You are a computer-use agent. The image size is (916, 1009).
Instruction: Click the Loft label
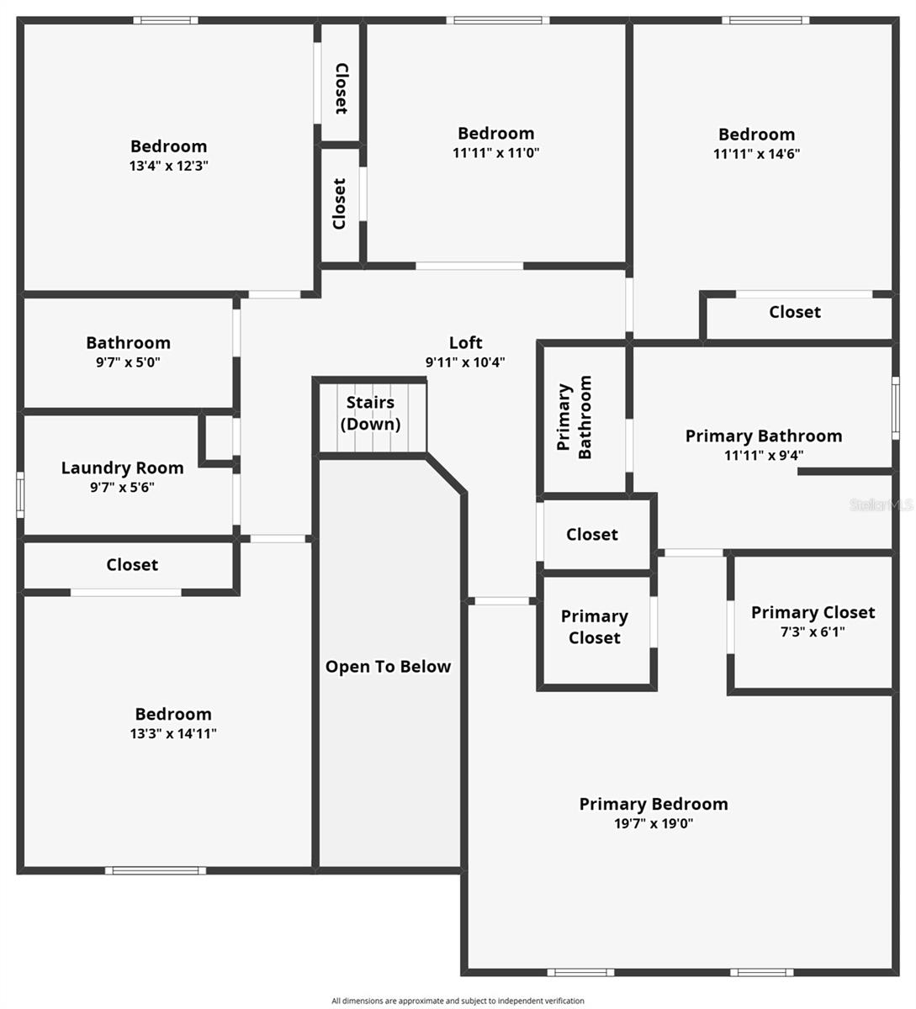point(465,342)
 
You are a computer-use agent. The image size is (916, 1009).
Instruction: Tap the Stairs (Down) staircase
point(370,416)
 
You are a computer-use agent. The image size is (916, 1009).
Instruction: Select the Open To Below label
point(388,667)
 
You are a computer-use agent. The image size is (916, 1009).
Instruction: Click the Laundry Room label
point(122,468)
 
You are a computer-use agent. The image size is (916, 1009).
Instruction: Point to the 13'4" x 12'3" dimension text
point(168,166)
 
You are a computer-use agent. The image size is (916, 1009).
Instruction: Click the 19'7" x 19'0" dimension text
point(653,824)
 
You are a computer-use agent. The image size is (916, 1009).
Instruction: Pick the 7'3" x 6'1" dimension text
point(813,631)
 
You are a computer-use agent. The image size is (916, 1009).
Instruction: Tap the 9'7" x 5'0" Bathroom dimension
point(128,362)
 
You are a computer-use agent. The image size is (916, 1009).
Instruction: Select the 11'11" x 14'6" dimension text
point(756,154)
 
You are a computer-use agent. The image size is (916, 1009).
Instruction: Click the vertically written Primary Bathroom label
point(574,417)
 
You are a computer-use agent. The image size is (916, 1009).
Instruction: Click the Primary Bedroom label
point(653,804)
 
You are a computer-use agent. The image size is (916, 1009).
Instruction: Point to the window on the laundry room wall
point(20,494)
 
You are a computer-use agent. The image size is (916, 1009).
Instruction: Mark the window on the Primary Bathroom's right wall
point(896,407)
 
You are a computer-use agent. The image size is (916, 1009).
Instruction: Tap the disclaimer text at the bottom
point(458,1001)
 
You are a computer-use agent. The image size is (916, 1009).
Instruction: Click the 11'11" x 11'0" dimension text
point(495,153)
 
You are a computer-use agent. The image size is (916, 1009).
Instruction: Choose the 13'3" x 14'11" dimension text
point(172,733)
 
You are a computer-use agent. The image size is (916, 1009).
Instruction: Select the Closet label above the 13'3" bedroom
point(132,565)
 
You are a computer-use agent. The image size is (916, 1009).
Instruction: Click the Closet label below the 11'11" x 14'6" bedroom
point(794,312)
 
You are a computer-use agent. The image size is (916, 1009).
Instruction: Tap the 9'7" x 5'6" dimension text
point(122,487)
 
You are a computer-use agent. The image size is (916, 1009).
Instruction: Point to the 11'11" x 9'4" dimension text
point(763,456)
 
